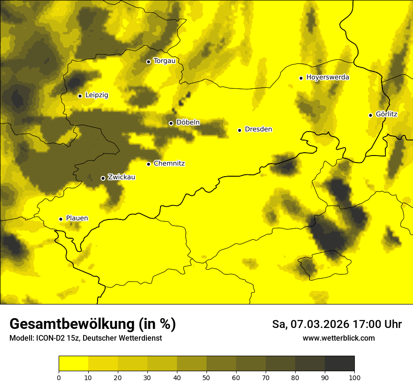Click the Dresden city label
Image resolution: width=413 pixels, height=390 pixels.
(258, 129)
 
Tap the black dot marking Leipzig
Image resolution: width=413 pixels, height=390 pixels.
(80, 96)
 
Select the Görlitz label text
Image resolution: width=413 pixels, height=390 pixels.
(387, 114)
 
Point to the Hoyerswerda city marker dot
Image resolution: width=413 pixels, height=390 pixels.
(301, 78)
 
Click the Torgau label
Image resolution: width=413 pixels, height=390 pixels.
(164, 61)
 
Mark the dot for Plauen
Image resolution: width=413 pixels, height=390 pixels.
(61, 219)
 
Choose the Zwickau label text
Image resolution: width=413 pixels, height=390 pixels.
(122, 177)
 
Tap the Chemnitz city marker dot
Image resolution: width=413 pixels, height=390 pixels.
(149, 164)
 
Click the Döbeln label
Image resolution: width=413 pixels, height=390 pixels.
(188, 123)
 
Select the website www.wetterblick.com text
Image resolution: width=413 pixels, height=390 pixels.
(339, 338)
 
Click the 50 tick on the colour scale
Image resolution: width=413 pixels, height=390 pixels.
(206, 377)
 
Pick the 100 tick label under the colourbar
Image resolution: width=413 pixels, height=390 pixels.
(354, 377)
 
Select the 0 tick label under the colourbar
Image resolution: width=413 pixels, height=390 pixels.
(59, 377)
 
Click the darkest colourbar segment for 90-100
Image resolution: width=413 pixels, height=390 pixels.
(339, 363)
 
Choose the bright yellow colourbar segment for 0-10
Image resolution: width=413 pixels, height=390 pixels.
(73, 363)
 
